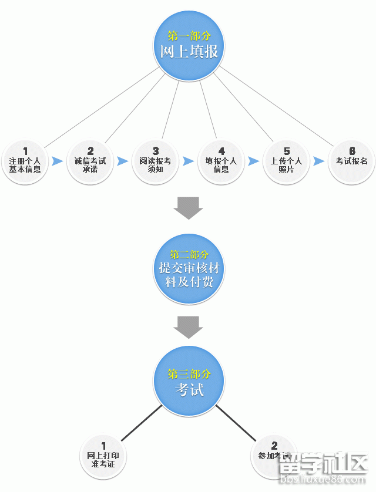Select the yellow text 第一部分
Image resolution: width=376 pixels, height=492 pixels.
pos(189,36)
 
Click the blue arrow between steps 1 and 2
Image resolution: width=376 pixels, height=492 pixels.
pos(58,161)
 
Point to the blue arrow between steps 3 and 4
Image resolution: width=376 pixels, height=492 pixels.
pos(189,161)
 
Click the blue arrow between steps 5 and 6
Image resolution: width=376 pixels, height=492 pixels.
pos(319,161)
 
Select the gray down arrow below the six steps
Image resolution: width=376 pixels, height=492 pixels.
pos(189,208)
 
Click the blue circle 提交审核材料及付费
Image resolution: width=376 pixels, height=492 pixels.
pos(189,269)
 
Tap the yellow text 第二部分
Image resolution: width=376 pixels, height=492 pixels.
pos(189,255)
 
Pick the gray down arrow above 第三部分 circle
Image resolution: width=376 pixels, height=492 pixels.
pos(189,328)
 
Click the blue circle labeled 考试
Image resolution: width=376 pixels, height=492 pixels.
pos(189,382)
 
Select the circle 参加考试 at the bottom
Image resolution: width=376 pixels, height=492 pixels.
pos(273,455)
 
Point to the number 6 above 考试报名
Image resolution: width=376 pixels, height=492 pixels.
pos(352,151)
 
